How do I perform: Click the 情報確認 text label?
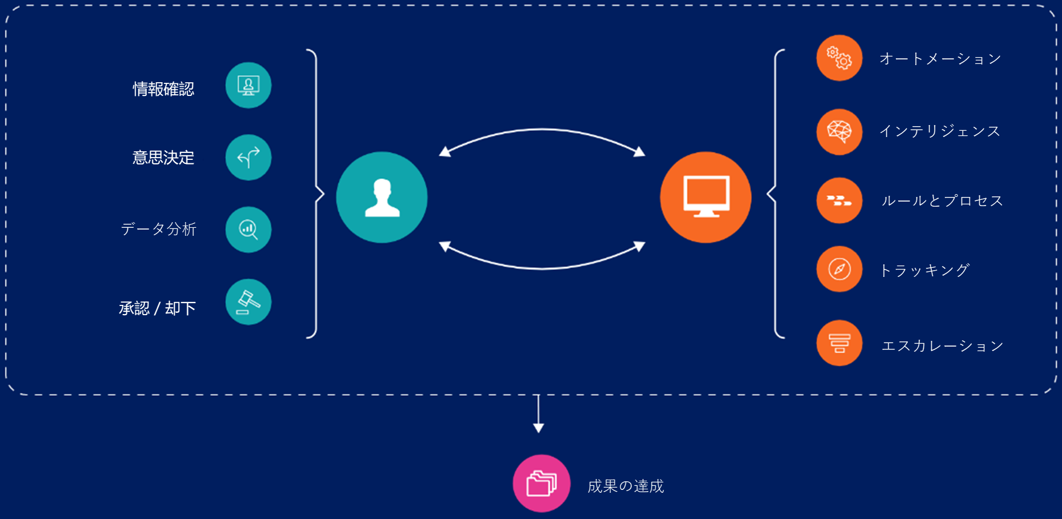point(163,89)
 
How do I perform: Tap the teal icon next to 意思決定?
point(249,158)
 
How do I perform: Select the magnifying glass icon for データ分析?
point(249,230)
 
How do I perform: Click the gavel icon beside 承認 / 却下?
point(249,302)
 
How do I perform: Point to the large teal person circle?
point(382,198)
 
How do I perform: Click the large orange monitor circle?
point(706,198)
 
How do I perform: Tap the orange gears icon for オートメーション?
point(839,58)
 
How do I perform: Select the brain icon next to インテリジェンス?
point(839,132)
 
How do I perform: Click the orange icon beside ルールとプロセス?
point(839,200)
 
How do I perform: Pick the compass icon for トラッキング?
point(839,269)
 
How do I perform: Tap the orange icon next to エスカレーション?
point(839,343)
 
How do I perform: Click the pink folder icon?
point(542,484)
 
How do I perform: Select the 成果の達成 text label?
point(626,486)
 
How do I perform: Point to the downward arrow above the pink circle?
point(538,414)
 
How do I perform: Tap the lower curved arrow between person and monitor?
point(542,267)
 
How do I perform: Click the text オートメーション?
point(940,59)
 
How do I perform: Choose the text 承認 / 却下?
point(158,308)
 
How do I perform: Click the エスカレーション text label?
point(943,346)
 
